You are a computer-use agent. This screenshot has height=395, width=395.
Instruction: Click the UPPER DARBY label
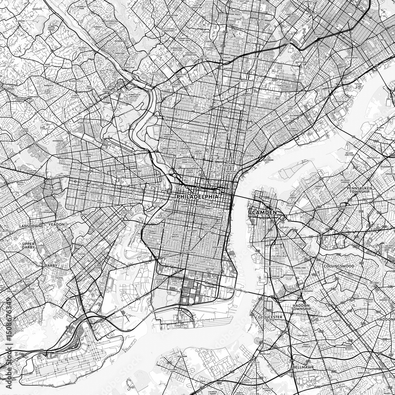click(29, 246)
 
